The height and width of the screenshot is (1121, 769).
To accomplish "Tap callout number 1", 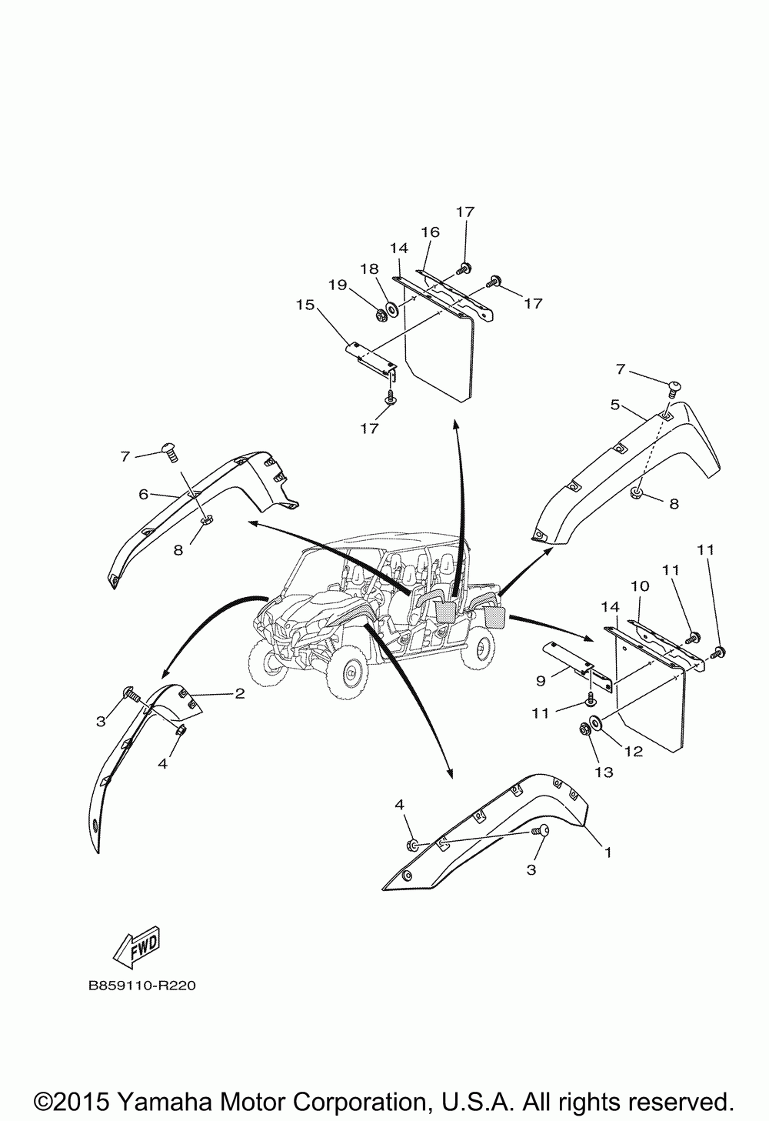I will click(x=608, y=852).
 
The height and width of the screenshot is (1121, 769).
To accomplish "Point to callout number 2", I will click(x=239, y=693).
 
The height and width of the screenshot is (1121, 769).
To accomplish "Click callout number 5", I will click(x=615, y=403).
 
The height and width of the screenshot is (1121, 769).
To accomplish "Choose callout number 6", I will click(x=143, y=495).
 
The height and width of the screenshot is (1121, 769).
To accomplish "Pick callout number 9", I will click(x=540, y=680).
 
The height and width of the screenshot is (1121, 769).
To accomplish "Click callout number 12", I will click(x=633, y=752).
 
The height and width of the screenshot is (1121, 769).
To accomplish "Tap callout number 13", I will click(x=604, y=772).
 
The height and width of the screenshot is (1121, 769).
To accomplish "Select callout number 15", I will click(x=305, y=305).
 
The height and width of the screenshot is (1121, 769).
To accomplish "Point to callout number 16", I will click(x=430, y=232).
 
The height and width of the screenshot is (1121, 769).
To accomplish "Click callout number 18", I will click(x=370, y=269).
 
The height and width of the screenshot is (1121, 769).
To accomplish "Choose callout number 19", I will click(x=338, y=285).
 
